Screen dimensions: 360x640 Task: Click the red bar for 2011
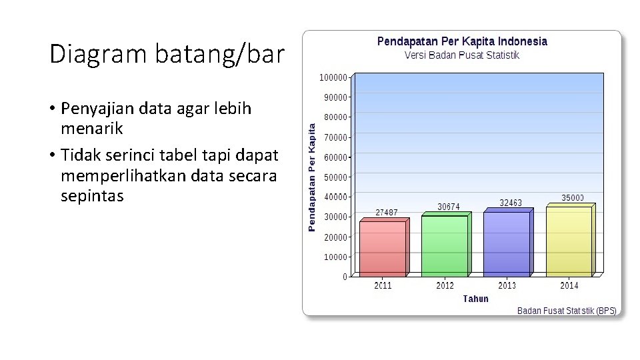pyautogui.click(x=382, y=248)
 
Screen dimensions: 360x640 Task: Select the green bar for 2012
pyautogui.click(x=445, y=245)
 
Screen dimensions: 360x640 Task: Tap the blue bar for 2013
pyautogui.click(x=507, y=243)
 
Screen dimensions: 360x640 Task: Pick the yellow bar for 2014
pyautogui.click(x=569, y=241)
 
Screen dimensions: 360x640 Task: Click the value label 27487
pyautogui.click(x=387, y=213)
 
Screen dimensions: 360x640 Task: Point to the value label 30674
pyautogui.click(x=449, y=207)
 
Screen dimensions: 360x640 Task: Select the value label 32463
pyautogui.click(x=511, y=203)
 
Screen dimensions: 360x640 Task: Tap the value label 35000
pyautogui.click(x=573, y=198)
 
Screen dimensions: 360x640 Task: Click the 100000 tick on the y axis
pyautogui.click(x=333, y=77)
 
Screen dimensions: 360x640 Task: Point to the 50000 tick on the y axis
pyautogui.click(x=335, y=177)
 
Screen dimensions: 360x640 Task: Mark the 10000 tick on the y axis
pyautogui.click(x=335, y=257)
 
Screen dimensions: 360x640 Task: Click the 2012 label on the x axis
pyautogui.click(x=445, y=286)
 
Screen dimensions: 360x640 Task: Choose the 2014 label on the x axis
pyautogui.click(x=569, y=286)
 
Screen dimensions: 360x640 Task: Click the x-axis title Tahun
pyautogui.click(x=475, y=299)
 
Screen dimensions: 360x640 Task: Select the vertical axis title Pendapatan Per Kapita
pyautogui.click(x=311, y=176)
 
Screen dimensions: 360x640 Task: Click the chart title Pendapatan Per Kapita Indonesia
pyautogui.click(x=462, y=41)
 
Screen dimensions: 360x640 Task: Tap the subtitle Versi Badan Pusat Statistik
pyautogui.click(x=462, y=55)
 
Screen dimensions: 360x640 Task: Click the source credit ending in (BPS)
pyautogui.click(x=567, y=311)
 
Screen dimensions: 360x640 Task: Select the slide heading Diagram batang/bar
pyautogui.click(x=167, y=55)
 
